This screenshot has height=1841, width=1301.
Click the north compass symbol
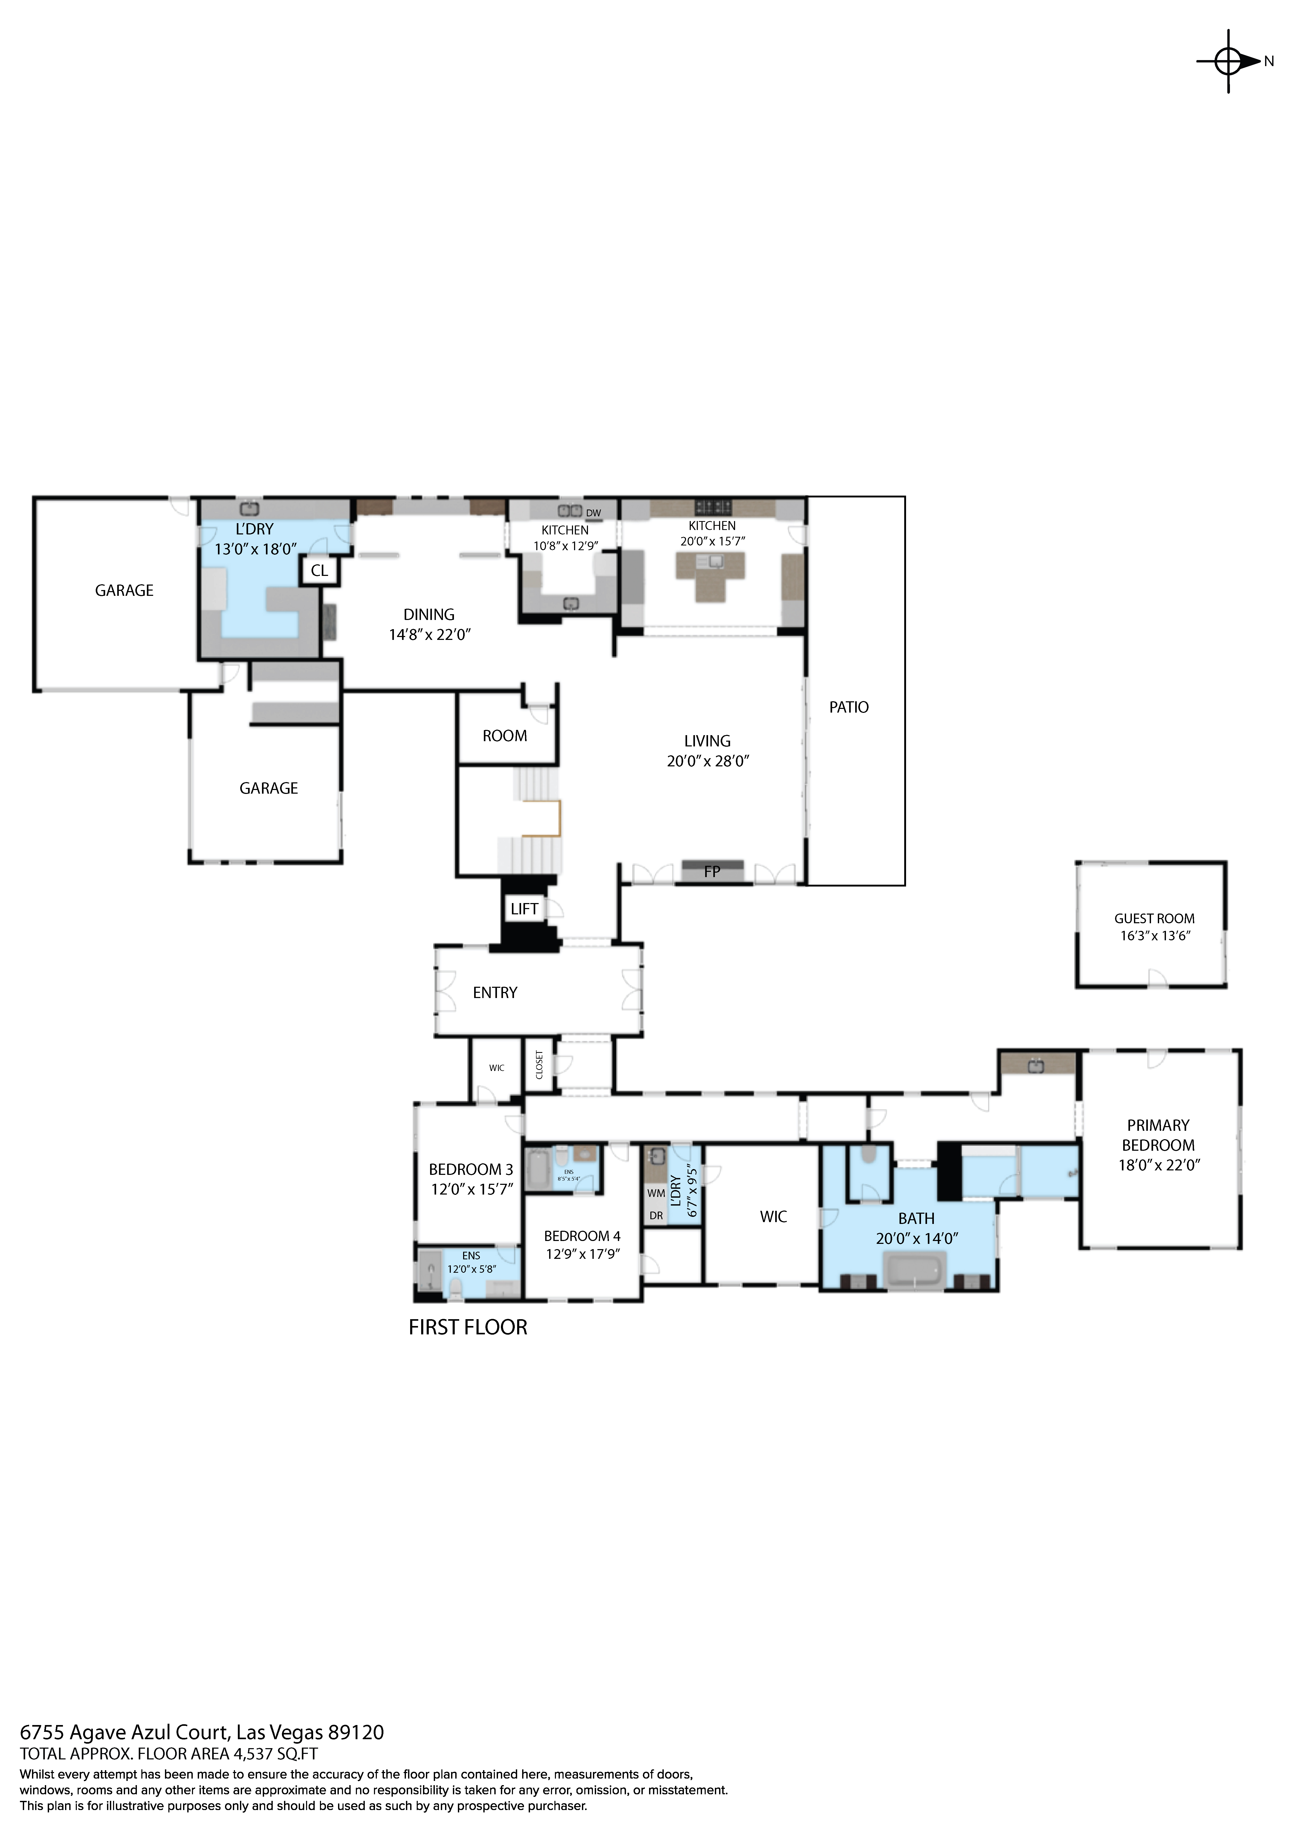point(1229,61)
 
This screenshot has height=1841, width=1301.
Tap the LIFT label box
point(524,909)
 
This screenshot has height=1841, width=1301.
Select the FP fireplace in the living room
point(712,871)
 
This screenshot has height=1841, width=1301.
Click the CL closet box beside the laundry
point(319,571)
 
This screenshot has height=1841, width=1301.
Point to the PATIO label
point(849,707)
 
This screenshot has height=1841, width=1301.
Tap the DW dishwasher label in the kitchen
point(593,513)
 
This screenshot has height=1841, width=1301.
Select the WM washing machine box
point(656,1193)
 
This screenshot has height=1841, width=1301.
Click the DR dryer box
point(656,1216)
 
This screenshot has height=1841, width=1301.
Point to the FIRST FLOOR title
point(468,1327)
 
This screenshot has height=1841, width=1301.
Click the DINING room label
point(429,615)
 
